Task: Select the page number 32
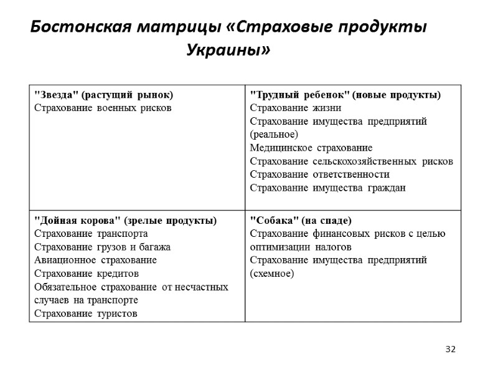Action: click(x=450, y=348)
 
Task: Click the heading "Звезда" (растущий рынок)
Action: click(x=103, y=95)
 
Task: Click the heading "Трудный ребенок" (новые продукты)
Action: click(x=345, y=95)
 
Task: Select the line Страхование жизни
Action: click(x=291, y=107)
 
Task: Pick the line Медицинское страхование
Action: click(x=311, y=148)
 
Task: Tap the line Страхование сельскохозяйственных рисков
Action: click(x=351, y=161)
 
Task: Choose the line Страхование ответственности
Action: click(x=319, y=175)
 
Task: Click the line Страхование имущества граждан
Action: click(x=327, y=188)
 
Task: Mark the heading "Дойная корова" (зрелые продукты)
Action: click(x=125, y=221)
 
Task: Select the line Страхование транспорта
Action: click(x=90, y=234)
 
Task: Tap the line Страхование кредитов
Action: click(x=86, y=274)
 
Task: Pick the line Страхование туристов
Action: click(x=85, y=313)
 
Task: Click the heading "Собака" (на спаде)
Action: click(x=301, y=221)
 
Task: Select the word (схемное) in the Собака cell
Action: click(x=271, y=274)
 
